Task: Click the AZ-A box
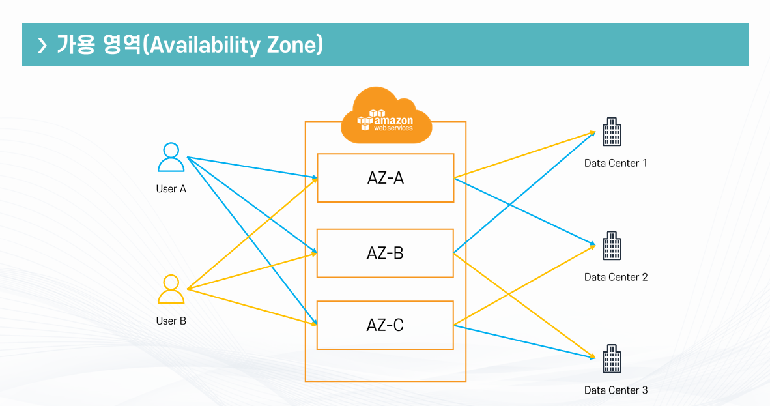(x=385, y=178)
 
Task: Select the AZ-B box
(x=385, y=253)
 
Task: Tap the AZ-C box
(x=385, y=325)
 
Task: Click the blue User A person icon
(x=171, y=157)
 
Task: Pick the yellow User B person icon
(x=171, y=289)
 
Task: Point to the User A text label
(x=171, y=189)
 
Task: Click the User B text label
(x=171, y=321)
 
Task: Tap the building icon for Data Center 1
(x=611, y=132)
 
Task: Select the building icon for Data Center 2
(x=611, y=246)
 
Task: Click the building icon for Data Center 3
(x=611, y=359)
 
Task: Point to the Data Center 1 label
(x=616, y=163)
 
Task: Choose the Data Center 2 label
(x=616, y=277)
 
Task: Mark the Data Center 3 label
(x=616, y=390)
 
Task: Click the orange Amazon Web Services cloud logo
(x=386, y=117)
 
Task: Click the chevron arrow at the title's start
(x=42, y=45)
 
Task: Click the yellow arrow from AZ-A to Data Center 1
(x=524, y=154)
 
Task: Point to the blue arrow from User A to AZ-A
(x=251, y=167)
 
